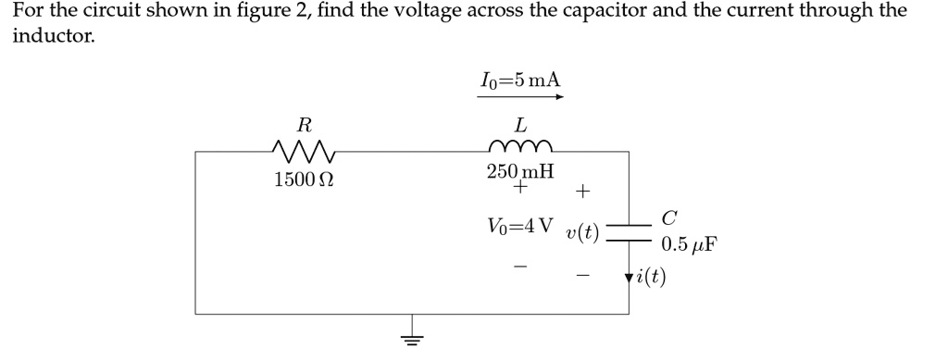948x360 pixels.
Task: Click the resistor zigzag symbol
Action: [x=304, y=150]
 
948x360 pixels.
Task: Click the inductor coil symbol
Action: [x=520, y=146]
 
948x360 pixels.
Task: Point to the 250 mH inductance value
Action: [x=520, y=171]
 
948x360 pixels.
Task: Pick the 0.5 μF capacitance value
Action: [x=690, y=245]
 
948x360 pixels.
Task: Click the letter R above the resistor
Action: [x=304, y=123]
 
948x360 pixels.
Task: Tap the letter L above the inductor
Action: [x=521, y=123]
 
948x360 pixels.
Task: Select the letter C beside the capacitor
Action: [x=669, y=219]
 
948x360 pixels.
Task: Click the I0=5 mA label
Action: [x=519, y=79]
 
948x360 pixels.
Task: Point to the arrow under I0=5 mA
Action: [x=519, y=95]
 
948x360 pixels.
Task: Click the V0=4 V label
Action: [x=520, y=226]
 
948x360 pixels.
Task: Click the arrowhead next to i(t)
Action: [x=630, y=277]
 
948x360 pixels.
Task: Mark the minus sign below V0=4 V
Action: [x=521, y=267]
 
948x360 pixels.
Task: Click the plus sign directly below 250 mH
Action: [x=521, y=188]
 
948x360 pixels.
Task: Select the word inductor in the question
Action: [x=52, y=37]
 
